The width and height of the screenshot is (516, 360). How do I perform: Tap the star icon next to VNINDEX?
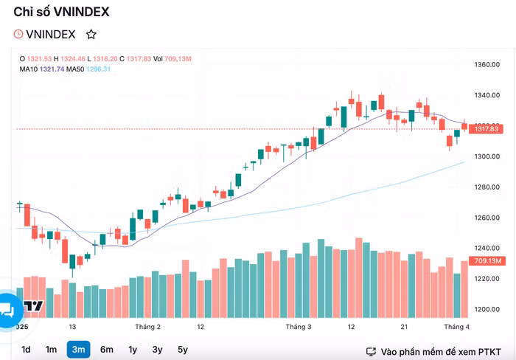pyautogui.click(x=91, y=34)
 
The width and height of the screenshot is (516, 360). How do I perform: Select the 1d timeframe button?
pyautogui.click(x=26, y=350)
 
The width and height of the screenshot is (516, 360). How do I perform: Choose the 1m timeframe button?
pyautogui.click(x=51, y=350)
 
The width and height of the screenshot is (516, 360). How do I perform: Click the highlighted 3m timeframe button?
pyautogui.click(x=78, y=350)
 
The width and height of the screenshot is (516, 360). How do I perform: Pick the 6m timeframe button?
pyautogui.click(x=107, y=350)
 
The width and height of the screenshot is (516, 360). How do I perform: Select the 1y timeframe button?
pyautogui.click(x=133, y=350)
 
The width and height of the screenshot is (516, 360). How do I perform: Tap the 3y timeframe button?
pyautogui.click(x=157, y=350)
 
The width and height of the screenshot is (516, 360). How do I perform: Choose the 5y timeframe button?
pyautogui.click(x=182, y=350)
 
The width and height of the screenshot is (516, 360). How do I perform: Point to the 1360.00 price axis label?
pyautogui.click(x=487, y=65)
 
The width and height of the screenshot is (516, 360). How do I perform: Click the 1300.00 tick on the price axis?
pyautogui.click(x=487, y=156)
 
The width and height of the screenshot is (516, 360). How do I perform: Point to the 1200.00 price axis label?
pyautogui.click(x=487, y=310)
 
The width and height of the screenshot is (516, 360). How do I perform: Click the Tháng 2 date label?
pyautogui.click(x=148, y=326)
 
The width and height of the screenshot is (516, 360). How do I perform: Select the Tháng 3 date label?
pyautogui.click(x=299, y=326)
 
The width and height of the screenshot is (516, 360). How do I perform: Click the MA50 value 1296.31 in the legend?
pyautogui.click(x=98, y=69)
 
